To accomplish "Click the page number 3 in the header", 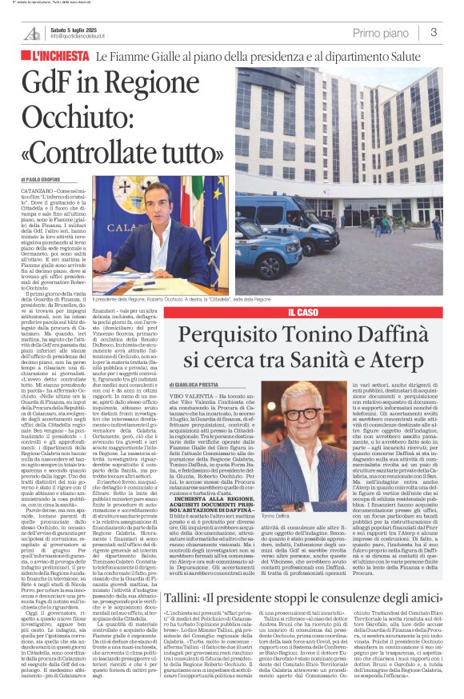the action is click(x=433, y=32).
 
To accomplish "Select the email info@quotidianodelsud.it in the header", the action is click(x=82, y=37).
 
